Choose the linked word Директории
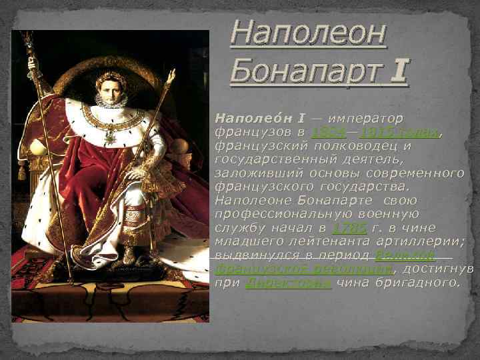click(288, 283)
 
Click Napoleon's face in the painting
click(111, 90)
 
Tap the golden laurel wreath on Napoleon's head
click(111, 76)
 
